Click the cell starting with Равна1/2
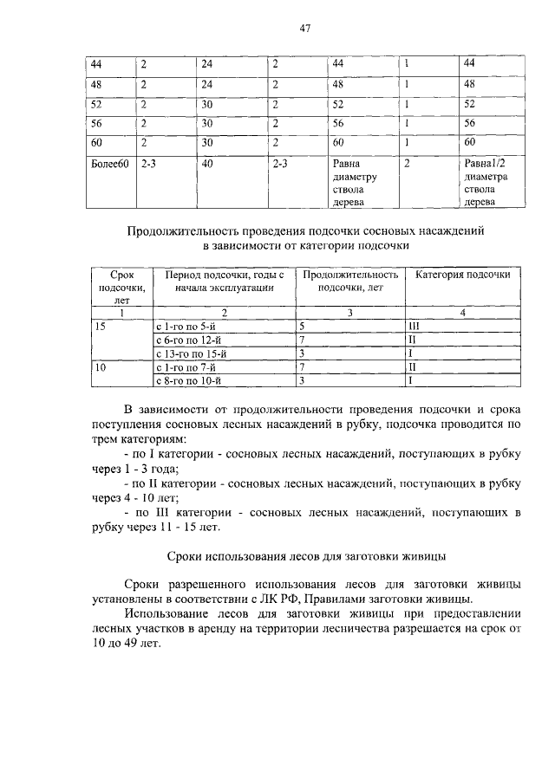coord(486,162)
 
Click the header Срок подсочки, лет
coord(121,286)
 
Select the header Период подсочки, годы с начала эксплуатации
coord(224,280)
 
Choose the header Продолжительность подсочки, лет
coord(349,280)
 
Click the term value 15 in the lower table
coord(101,327)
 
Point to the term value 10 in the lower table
coord(101,367)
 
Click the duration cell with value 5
coord(303,327)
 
